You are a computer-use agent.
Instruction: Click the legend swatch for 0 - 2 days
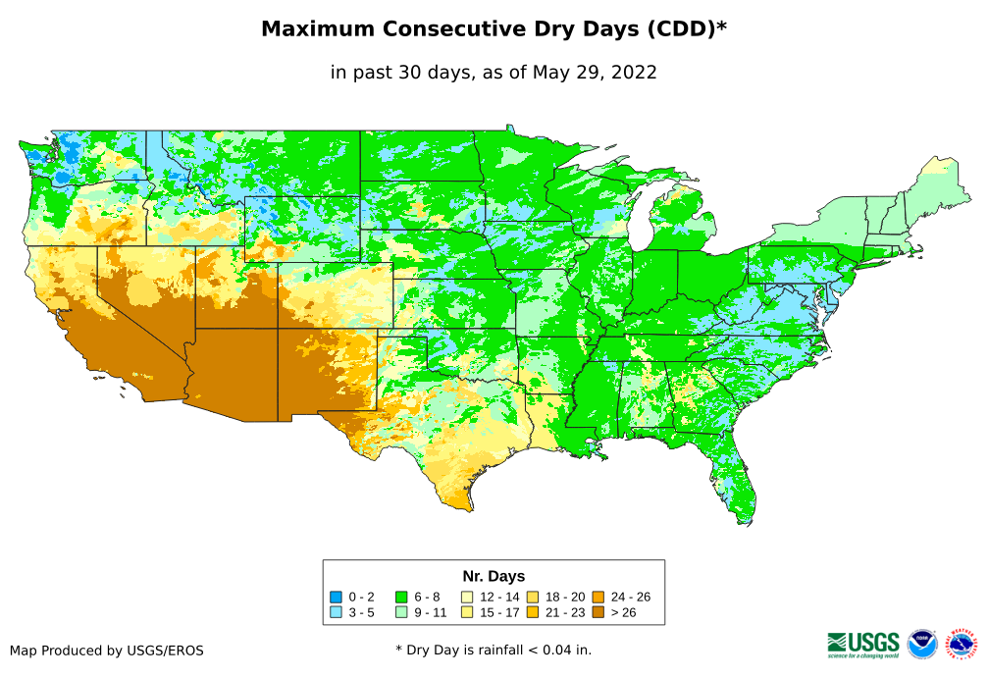click(x=336, y=597)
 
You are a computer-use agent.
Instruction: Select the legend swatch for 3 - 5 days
click(x=336, y=612)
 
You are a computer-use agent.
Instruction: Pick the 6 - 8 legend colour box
click(x=401, y=597)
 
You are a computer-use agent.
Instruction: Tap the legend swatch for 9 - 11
click(x=401, y=612)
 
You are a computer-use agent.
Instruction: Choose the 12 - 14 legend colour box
click(x=467, y=597)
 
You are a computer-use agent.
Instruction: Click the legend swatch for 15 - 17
click(x=467, y=612)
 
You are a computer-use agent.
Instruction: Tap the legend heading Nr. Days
click(x=494, y=576)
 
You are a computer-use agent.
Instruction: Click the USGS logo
click(x=863, y=644)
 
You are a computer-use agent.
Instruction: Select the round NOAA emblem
click(x=922, y=644)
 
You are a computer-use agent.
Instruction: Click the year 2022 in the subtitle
click(x=633, y=72)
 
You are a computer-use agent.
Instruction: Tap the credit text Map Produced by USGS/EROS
click(x=107, y=650)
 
